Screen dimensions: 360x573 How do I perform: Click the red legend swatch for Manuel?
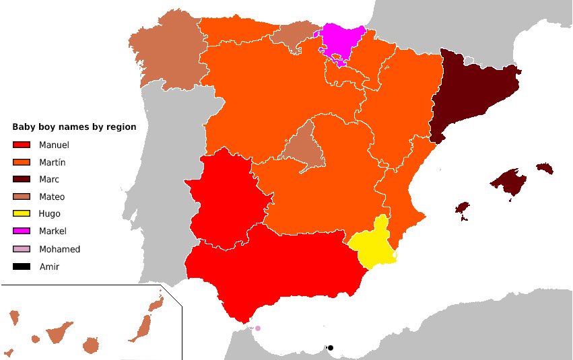(22, 145)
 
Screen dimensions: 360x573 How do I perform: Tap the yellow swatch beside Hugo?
(22, 214)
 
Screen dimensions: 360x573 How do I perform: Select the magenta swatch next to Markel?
(22, 231)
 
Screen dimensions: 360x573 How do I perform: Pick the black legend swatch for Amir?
(22, 266)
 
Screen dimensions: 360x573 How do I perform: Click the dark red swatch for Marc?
(22, 179)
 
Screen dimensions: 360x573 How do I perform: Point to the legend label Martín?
(52, 162)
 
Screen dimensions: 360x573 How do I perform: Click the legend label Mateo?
(52, 197)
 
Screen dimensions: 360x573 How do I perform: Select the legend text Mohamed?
(59, 249)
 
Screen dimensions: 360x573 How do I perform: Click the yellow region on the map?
(374, 246)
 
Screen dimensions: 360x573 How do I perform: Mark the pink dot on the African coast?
(257, 328)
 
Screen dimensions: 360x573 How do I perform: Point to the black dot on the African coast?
(331, 348)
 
